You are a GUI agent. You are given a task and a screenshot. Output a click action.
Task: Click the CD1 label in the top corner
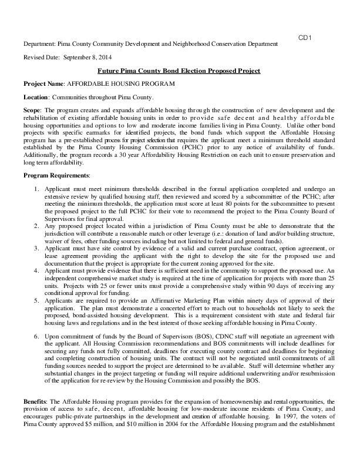pos(305,38)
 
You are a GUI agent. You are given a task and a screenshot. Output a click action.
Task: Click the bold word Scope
pos(32,110)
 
